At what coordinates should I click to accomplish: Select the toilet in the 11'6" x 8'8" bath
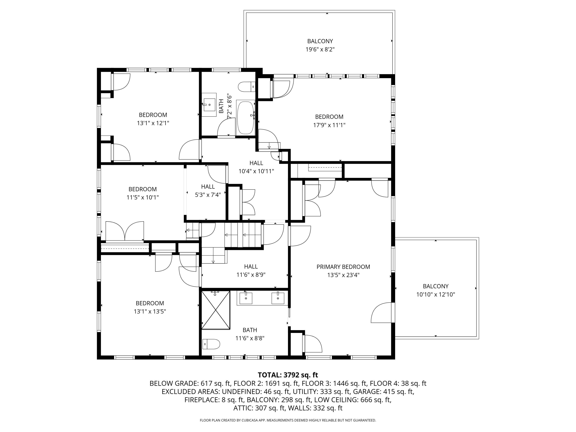211,344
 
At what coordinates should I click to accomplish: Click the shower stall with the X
216,310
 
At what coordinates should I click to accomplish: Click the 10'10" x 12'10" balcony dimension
435,295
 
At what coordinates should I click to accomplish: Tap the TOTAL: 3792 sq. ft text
288,375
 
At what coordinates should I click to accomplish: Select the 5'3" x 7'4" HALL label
208,186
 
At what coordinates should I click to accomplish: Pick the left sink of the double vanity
246,298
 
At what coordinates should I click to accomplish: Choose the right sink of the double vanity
278,298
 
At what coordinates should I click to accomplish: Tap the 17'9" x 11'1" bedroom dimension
329,125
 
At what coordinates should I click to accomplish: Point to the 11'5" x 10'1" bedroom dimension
142,197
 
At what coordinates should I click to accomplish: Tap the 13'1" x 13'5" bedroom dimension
150,311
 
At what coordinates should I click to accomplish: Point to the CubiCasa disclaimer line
288,420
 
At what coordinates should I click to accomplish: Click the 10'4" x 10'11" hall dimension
256,171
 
